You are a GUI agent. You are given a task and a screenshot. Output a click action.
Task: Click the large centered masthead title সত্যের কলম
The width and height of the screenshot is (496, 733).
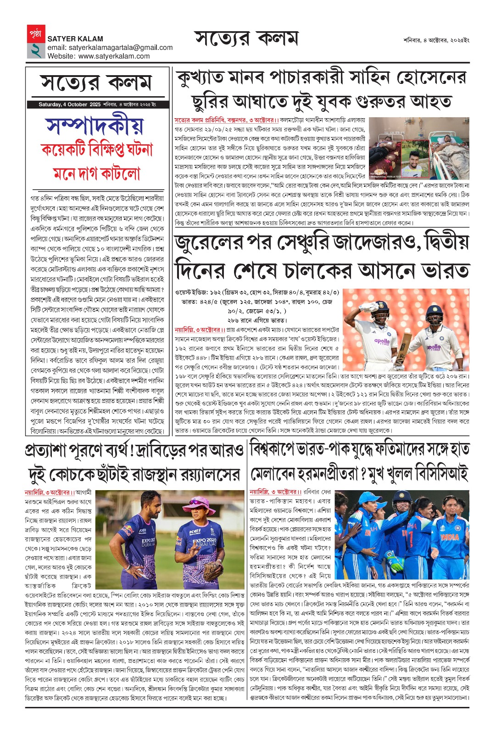pyautogui.click(x=246, y=39)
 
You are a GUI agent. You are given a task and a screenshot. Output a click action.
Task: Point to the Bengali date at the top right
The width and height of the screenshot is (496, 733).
pyautogui.click(x=436, y=40)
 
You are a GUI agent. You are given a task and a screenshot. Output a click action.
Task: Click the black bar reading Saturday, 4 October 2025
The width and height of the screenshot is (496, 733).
pyautogui.click(x=97, y=104)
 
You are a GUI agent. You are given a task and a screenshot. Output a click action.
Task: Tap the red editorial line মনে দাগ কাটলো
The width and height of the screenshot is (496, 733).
pyautogui.click(x=97, y=173)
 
